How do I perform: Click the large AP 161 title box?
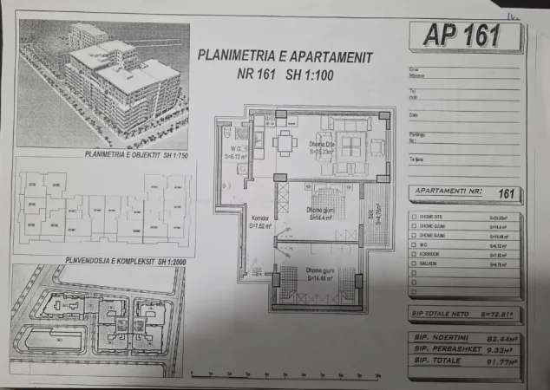463,36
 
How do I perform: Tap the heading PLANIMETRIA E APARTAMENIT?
285,56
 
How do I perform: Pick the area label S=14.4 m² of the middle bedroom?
323,218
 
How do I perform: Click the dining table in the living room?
285,142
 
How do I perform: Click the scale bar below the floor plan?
286,375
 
